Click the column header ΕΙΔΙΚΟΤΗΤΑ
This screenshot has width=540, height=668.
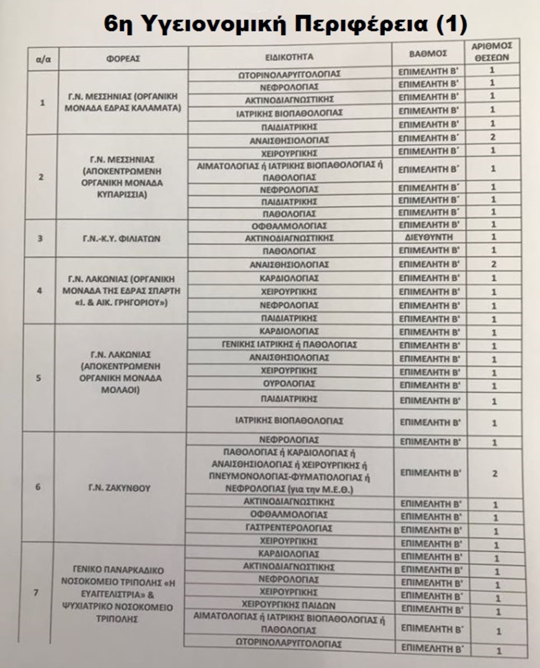(289, 57)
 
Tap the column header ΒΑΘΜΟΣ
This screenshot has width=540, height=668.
(428, 54)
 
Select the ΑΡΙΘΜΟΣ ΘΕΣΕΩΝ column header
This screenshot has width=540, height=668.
(492, 52)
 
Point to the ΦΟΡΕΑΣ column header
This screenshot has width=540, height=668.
(123, 58)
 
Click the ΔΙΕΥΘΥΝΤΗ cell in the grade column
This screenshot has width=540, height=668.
(428, 237)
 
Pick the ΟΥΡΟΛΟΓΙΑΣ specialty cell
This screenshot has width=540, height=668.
(289, 384)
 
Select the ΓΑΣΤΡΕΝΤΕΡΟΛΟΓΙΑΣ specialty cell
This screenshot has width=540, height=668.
(289, 528)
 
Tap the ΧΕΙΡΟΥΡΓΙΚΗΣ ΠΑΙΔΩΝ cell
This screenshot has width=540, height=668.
(288, 605)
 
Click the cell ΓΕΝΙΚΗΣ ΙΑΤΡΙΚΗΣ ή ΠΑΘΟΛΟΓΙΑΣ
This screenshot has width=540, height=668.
(289, 345)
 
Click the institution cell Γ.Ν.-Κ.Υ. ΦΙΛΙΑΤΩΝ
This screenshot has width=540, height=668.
(121, 239)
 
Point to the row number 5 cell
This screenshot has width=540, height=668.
(38, 378)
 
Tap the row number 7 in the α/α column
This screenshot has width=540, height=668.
(36, 592)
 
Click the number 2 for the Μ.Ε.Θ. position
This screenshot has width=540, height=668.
(495, 473)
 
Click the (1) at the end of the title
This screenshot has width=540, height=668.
(451, 24)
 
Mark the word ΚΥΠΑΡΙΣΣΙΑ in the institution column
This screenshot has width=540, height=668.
(122, 195)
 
